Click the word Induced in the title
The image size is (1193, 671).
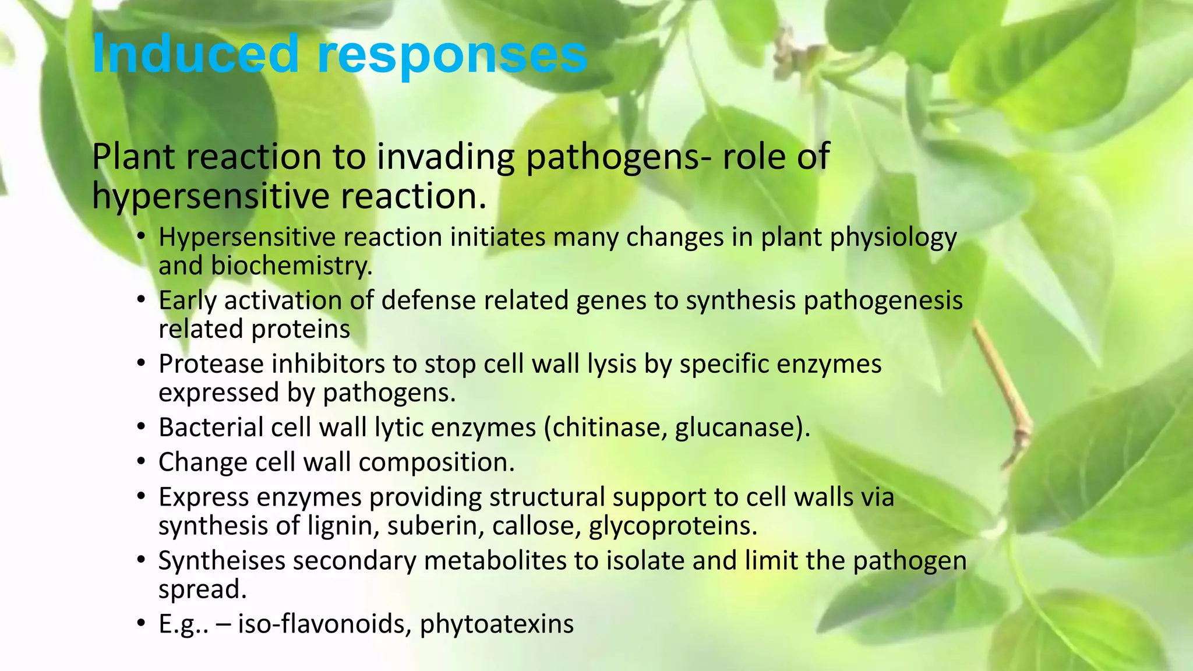(195, 54)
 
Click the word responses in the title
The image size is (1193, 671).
(452, 56)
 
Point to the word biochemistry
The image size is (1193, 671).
(291, 266)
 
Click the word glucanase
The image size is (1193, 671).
(740, 428)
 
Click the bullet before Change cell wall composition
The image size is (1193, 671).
(141, 462)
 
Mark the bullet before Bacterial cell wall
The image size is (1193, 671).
(141, 428)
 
